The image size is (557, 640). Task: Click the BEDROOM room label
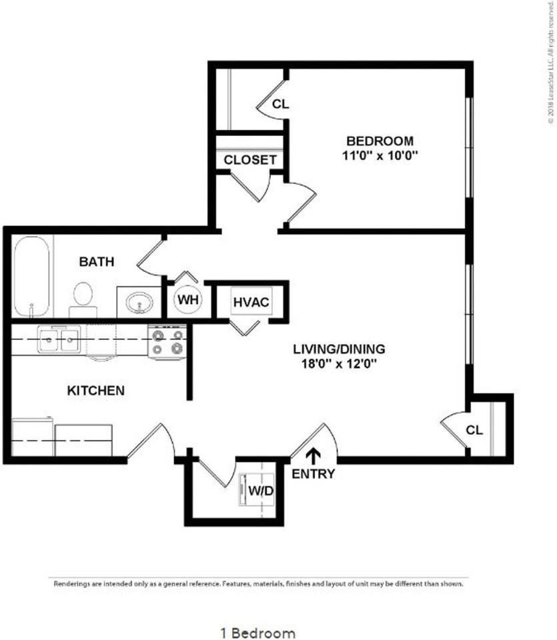(x=379, y=141)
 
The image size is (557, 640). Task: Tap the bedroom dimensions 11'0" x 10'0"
(x=379, y=155)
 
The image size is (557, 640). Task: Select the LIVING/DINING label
(x=340, y=349)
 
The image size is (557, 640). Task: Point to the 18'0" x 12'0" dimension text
(x=340, y=364)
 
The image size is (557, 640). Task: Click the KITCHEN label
(x=96, y=390)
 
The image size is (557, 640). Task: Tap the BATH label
(x=97, y=261)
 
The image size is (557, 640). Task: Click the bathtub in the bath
(x=33, y=277)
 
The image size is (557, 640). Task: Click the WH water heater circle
(x=189, y=300)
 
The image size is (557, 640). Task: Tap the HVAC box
(x=251, y=302)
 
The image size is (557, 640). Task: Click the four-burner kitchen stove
(x=167, y=341)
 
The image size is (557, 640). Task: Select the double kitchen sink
(x=59, y=340)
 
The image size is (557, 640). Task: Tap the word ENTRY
(x=313, y=474)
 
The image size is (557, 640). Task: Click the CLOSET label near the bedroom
(x=249, y=160)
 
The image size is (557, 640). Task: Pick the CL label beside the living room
(x=474, y=430)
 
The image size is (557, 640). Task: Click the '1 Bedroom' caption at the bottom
(x=257, y=632)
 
